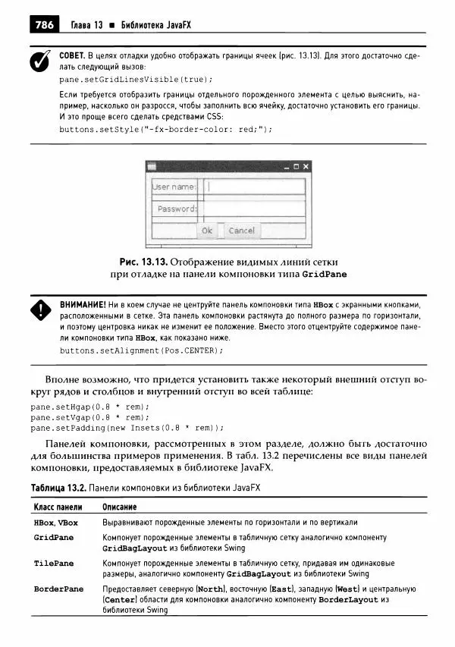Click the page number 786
(44, 25)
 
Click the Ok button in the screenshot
(207, 230)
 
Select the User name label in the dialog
(174, 186)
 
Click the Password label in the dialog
(176, 209)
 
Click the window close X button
(306, 166)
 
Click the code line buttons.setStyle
(165, 129)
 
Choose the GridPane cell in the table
(54, 537)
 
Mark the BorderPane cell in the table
(58, 589)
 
